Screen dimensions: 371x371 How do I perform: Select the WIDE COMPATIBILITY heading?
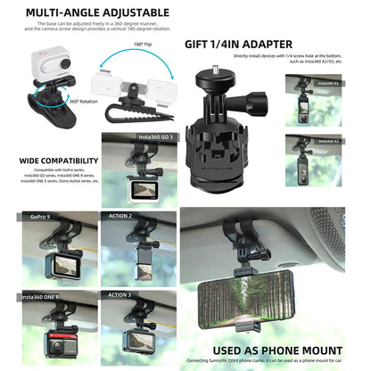click(x=57, y=161)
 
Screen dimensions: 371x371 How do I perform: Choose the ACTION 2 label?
click(x=120, y=216)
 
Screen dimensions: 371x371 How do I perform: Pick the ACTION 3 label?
click(x=120, y=294)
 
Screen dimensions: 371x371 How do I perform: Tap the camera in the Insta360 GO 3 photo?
click(x=141, y=190)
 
